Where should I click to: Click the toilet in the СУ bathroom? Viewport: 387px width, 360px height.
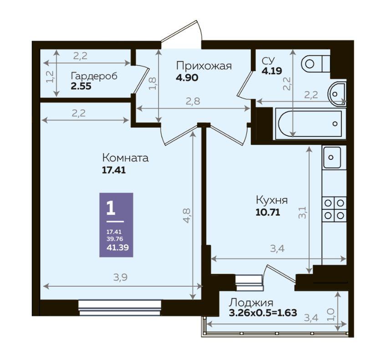(316, 64)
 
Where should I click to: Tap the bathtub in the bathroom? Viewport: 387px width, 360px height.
(311, 123)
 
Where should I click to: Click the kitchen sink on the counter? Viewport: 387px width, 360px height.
(332, 157)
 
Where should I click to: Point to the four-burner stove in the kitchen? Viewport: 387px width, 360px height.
(334, 209)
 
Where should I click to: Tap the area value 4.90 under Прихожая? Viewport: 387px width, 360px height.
(187, 78)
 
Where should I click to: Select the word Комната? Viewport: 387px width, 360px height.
(125, 157)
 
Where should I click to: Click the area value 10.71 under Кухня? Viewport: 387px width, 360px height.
(268, 212)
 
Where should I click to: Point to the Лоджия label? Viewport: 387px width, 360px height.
(251, 303)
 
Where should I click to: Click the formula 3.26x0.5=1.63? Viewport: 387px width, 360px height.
(263, 313)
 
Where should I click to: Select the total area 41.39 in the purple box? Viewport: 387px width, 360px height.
(117, 248)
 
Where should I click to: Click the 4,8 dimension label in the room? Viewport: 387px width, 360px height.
(187, 216)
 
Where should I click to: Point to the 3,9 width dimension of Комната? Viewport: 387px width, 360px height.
(120, 278)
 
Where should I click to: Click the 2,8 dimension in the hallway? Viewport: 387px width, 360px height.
(193, 101)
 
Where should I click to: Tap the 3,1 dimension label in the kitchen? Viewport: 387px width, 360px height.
(303, 213)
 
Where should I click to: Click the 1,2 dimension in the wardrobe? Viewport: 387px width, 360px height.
(50, 76)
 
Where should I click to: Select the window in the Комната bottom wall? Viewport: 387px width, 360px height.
(120, 308)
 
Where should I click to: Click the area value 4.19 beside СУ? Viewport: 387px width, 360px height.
(272, 71)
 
